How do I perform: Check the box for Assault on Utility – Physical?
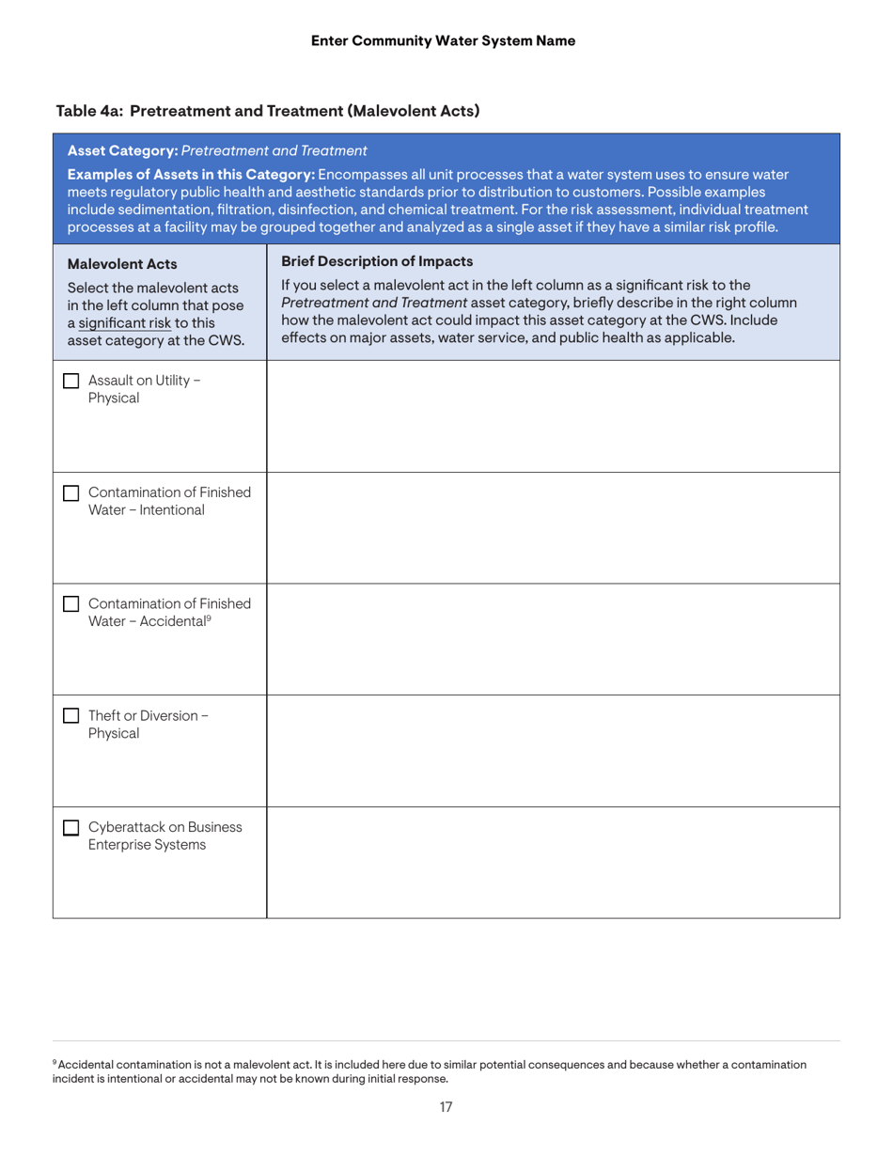[x=70, y=381]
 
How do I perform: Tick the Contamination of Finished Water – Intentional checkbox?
[x=70, y=492]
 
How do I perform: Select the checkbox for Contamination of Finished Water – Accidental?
[x=70, y=604]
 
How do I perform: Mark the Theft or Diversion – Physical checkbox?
[x=70, y=715]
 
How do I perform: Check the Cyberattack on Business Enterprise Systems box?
[x=70, y=827]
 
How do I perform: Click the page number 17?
[x=446, y=1107]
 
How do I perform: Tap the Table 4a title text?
[x=269, y=111]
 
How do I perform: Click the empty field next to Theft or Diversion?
[x=553, y=750]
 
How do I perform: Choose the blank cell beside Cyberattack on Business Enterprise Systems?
[x=553, y=862]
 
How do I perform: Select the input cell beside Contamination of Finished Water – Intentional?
[x=553, y=527]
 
